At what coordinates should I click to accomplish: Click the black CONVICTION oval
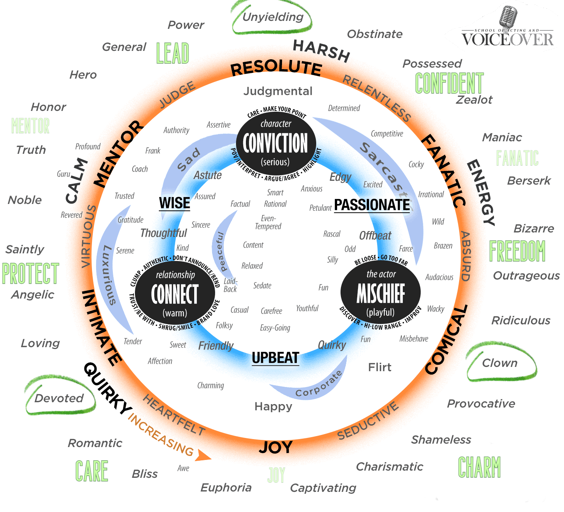point(276,143)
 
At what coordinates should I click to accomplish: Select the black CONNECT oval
point(175,293)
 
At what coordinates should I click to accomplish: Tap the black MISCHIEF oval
point(381,292)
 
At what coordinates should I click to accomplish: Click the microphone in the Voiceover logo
point(508,17)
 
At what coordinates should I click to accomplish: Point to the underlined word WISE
point(174,203)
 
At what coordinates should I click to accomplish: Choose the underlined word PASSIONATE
point(372,205)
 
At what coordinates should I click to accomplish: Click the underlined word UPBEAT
point(275,358)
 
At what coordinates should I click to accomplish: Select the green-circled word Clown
point(500,363)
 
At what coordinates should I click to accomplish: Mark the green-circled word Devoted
point(59,398)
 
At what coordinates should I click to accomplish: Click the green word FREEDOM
point(517,251)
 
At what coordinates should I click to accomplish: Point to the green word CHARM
point(479,467)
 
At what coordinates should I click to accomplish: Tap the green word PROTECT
point(30,273)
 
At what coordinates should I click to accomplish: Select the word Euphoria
point(226,488)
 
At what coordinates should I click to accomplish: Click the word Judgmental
point(278,91)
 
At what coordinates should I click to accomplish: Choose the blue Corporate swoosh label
point(318,384)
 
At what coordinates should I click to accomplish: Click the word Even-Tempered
point(268,222)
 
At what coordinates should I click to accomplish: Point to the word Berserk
point(529,181)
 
